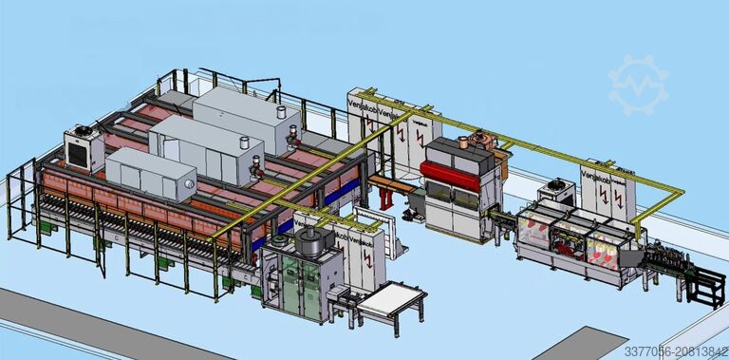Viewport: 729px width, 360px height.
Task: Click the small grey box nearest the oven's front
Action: point(147,174)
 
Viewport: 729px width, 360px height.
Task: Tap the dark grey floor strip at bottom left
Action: point(95,328)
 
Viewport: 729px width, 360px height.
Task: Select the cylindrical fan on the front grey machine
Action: point(310,242)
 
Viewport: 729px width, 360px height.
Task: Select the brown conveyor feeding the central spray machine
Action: point(391,182)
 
